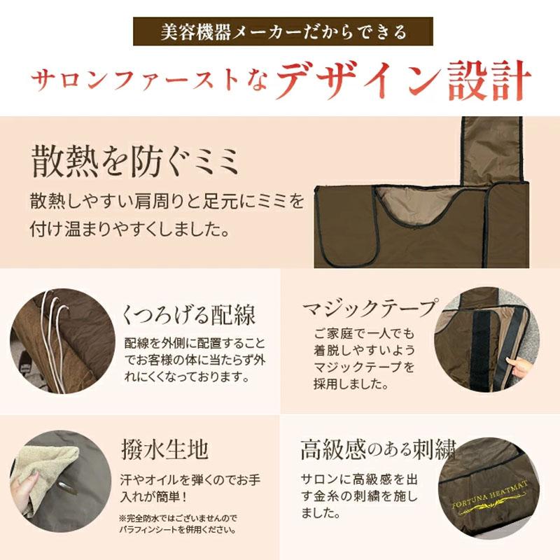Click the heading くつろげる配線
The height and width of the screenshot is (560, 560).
pyautogui.click(x=188, y=315)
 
